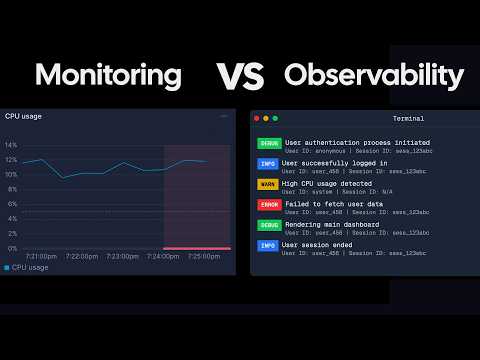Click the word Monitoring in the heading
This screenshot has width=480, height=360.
108,75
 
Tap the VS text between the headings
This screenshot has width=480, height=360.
240,75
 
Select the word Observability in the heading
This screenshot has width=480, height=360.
374,75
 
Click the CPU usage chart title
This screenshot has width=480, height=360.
26,117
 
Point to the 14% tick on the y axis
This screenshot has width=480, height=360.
11,145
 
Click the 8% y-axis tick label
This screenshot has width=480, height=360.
11,189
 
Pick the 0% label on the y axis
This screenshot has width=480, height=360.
11,248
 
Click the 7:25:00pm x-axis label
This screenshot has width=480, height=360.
204,256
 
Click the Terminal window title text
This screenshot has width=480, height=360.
408,119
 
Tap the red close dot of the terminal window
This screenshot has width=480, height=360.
257,119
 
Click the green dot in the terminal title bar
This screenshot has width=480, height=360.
275,119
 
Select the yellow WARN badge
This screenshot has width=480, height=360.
268,184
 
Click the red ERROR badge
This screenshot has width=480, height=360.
269,204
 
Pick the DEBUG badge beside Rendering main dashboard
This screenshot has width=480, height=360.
269,225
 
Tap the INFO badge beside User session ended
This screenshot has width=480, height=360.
268,245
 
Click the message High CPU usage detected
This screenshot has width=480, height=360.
328,183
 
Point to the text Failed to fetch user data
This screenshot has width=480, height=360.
334,203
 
